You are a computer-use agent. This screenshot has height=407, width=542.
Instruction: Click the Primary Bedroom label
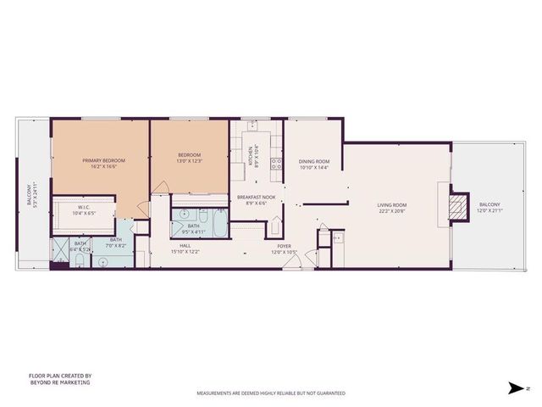(103, 163)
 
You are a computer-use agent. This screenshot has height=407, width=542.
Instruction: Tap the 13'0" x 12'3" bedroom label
(189, 158)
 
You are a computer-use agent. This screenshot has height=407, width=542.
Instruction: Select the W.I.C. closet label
(84, 210)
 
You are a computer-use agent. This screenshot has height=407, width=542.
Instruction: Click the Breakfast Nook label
(256, 200)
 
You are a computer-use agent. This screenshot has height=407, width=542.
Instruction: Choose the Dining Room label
(314, 164)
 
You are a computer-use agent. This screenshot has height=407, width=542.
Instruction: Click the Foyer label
(284, 249)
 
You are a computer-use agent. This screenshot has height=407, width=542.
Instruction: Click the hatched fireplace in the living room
(457, 206)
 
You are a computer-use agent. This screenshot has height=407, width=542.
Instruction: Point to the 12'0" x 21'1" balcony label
(489, 208)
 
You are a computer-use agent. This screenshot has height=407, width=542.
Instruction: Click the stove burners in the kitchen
(274, 163)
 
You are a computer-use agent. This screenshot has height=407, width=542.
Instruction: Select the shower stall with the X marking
(62, 249)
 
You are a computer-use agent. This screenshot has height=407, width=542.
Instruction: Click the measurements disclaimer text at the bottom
(270, 393)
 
